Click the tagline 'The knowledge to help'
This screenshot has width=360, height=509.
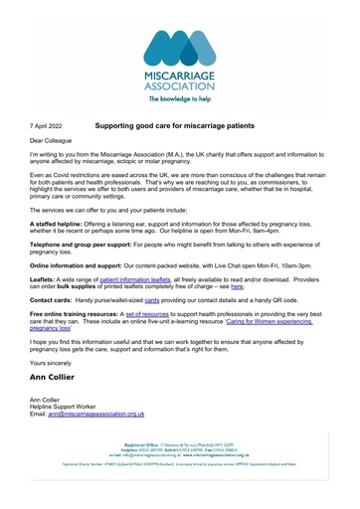(180, 100)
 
